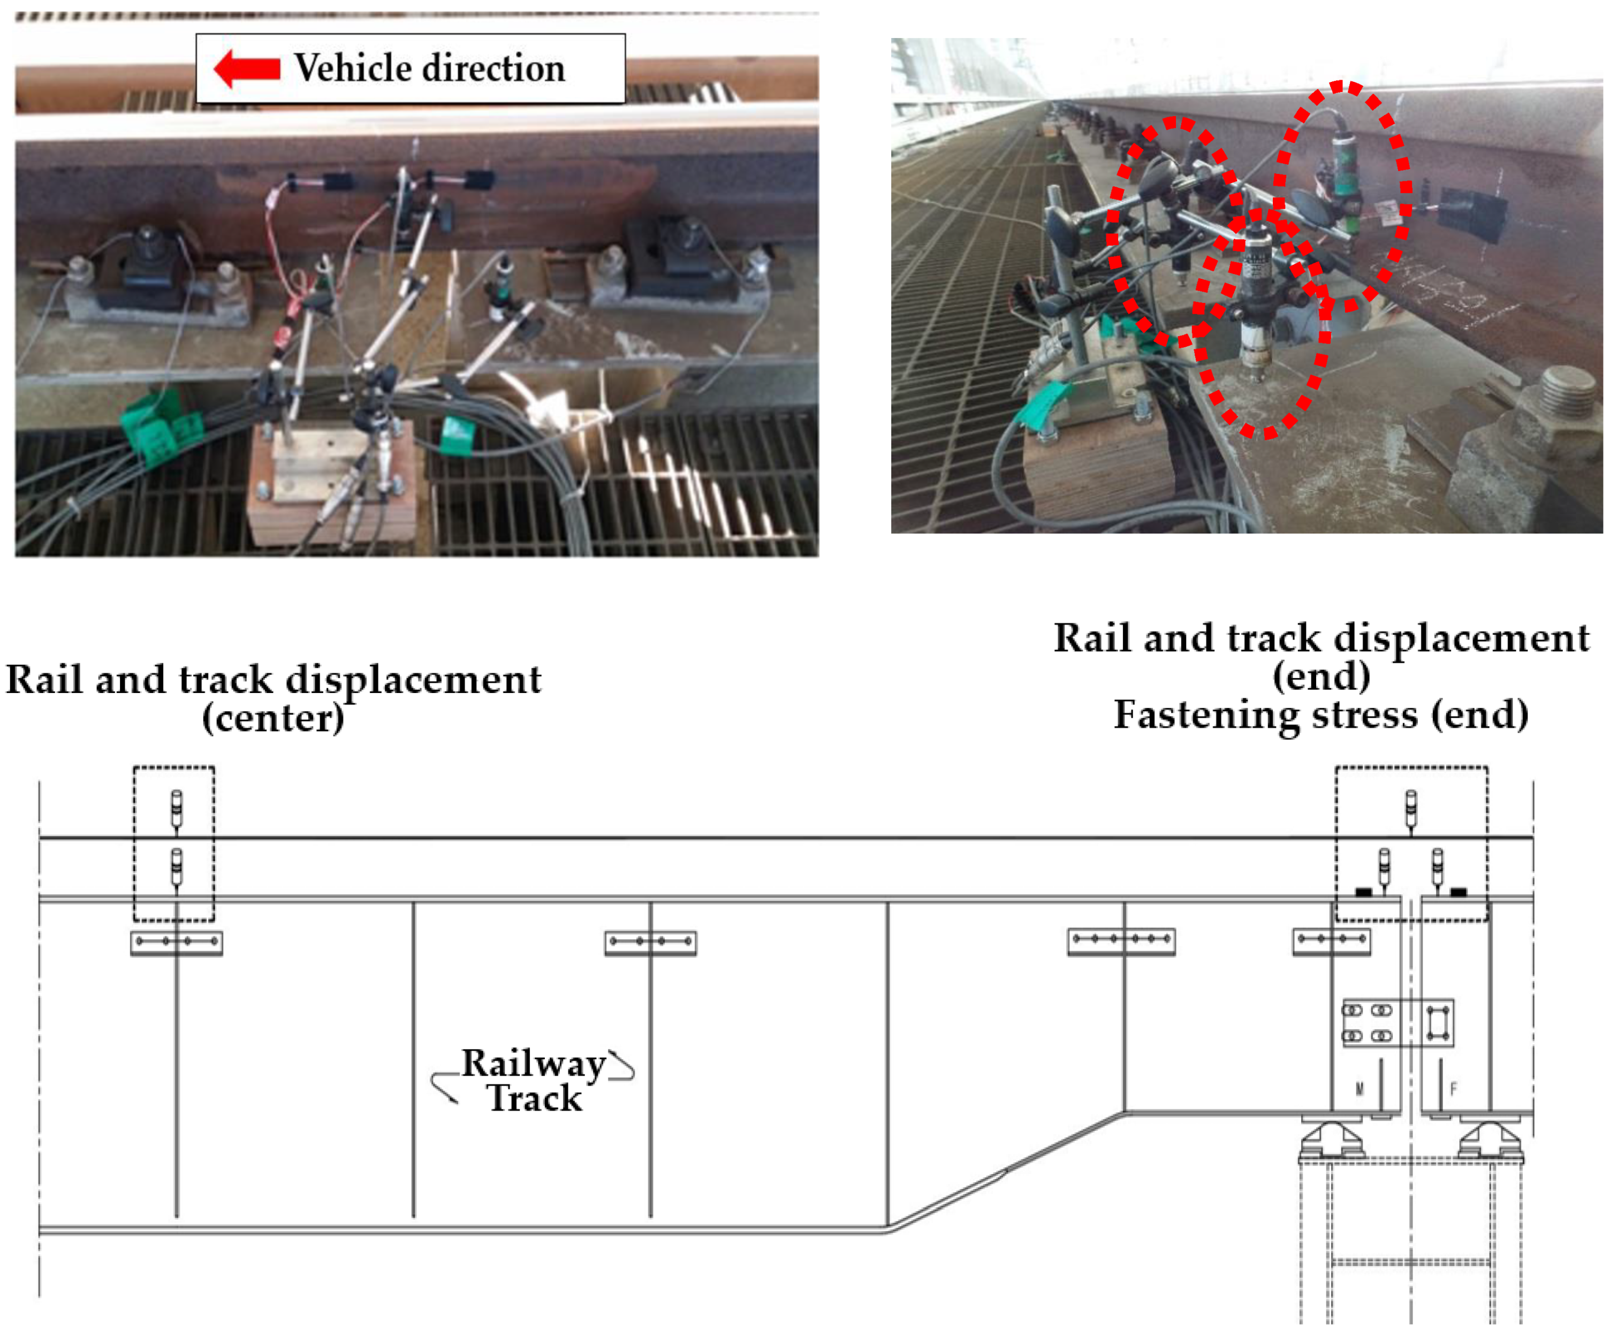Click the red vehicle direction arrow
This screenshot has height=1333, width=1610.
[247, 69]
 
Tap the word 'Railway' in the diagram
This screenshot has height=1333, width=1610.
[534, 1064]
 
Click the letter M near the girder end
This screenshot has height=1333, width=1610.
[1360, 1089]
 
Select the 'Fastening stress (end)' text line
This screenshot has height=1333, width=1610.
[1321, 715]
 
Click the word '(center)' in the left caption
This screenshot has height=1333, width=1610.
[273, 718]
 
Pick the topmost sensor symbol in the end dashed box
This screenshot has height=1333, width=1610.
[1411, 806]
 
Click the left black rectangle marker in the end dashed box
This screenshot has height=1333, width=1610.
[1364, 892]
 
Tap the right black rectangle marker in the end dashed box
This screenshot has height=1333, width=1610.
[1458, 892]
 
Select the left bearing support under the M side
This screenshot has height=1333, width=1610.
[1332, 1140]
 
